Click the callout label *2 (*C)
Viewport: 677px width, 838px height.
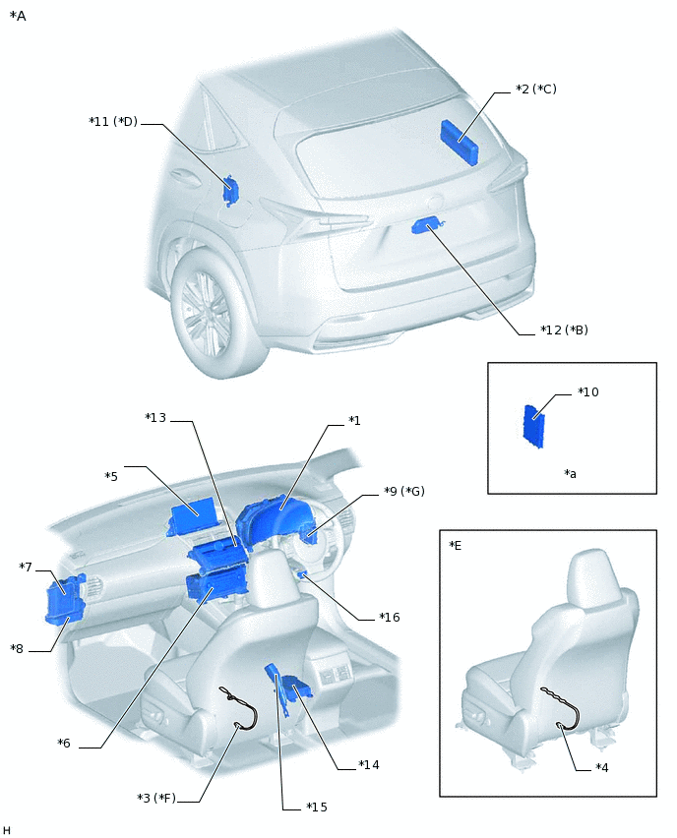[535, 90]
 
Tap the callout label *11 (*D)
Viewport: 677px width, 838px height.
[112, 122]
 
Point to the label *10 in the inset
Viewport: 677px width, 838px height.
[588, 392]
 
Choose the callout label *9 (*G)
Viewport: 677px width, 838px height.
[403, 491]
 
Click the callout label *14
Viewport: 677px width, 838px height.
[369, 764]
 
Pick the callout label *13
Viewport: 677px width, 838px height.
[155, 418]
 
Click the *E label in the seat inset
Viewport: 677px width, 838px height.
[455, 546]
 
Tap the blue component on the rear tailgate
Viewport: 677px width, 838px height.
[425, 226]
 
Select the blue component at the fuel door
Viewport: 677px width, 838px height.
[230, 189]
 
